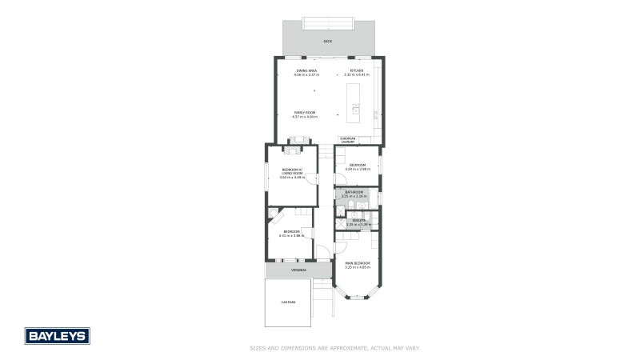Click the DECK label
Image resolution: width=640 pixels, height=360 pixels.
[327, 41]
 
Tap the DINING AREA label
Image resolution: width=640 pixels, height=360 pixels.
[306, 70]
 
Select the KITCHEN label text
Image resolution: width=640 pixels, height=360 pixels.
[357, 70]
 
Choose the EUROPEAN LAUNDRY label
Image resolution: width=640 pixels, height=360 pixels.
[347, 140]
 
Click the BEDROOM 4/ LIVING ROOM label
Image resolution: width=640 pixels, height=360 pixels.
[292, 170]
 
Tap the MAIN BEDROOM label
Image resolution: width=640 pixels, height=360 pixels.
[358, 262]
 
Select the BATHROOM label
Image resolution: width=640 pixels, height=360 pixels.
[354, 192]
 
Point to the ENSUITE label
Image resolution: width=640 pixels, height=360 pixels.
[358, 220]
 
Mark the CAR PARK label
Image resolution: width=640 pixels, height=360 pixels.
[288, 302]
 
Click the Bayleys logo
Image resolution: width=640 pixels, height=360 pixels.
[57, 335]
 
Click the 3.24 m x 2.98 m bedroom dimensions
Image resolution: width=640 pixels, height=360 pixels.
[357, 170]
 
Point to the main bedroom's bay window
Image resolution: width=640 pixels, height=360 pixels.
[358, 295]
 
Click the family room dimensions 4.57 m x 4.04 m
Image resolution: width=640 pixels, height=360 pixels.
[306, 117]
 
